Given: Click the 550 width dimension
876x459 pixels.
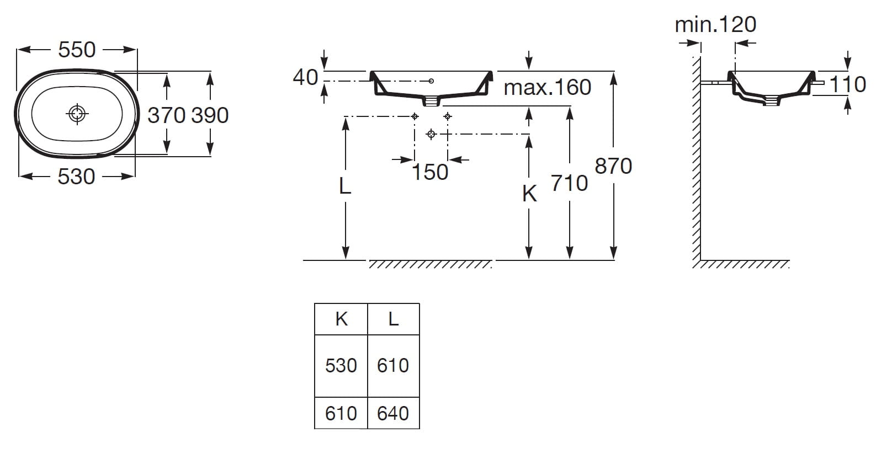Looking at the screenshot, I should [77, 50].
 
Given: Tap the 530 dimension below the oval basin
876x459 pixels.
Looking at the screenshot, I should [77, 177].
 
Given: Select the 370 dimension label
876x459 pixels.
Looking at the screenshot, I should [166, 115].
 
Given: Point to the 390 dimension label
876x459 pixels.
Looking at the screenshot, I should [210, 115].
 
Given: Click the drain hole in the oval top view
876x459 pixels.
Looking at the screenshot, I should [77, 114].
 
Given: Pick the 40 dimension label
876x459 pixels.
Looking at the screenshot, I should [305, 77].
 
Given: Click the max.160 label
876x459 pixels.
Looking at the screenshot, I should [547, 87].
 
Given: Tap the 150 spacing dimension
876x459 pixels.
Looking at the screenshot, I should [430, 172].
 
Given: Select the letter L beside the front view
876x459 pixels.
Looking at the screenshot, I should [345, 187].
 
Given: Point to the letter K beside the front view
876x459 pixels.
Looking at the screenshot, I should [529, 194].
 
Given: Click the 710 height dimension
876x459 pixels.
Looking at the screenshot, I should [570, 183].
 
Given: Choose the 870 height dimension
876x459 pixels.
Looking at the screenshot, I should [613, 166].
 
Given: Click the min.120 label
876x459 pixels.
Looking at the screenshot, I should [715, 24].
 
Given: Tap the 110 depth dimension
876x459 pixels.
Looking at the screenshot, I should [848, 84].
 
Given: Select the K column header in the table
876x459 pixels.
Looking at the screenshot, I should [341, 319].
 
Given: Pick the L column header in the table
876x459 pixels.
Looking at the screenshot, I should [393, 319].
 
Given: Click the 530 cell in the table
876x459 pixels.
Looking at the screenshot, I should [341, 365].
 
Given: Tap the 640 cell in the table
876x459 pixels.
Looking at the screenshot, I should [393, 413].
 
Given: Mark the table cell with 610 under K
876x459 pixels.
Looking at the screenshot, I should [341, 413].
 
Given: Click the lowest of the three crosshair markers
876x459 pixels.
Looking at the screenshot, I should [432, 134].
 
